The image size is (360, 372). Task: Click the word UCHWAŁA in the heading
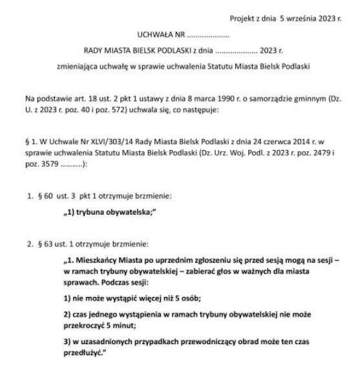click(156, 34)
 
